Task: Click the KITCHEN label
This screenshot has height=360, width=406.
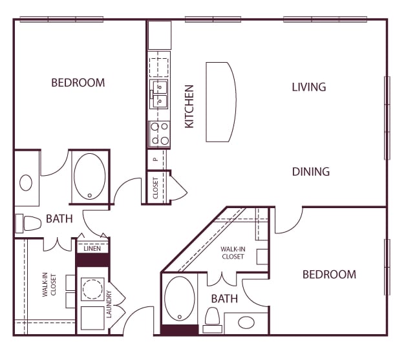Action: [189, 107]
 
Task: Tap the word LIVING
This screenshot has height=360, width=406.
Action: [309, 87]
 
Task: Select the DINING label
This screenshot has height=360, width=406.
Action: [311, 172]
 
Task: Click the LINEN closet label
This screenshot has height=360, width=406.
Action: [92, 249]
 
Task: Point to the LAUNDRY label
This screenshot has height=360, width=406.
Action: [109, 304]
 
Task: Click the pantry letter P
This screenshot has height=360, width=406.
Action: [156, 160]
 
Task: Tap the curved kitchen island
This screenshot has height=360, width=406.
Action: [221, 102]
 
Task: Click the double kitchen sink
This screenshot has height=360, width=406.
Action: [159, 94]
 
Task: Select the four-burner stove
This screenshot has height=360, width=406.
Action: [159, 134]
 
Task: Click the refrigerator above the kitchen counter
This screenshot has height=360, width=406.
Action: [160, 35]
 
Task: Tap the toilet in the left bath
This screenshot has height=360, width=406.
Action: [28, 223]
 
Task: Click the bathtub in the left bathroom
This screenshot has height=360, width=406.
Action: [90, 176]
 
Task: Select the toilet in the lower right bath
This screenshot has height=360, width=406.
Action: [212, 320]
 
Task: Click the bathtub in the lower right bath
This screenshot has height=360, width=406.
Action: [180, 299]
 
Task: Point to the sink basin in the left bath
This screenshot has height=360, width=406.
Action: [26, 183]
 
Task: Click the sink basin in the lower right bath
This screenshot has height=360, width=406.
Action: [246, 323]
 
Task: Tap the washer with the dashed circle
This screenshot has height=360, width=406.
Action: [92, 290]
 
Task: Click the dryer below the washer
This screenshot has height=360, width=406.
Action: [92, 318]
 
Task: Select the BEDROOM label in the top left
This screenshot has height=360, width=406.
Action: [78, 83]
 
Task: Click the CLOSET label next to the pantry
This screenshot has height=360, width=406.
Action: [155, 188]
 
